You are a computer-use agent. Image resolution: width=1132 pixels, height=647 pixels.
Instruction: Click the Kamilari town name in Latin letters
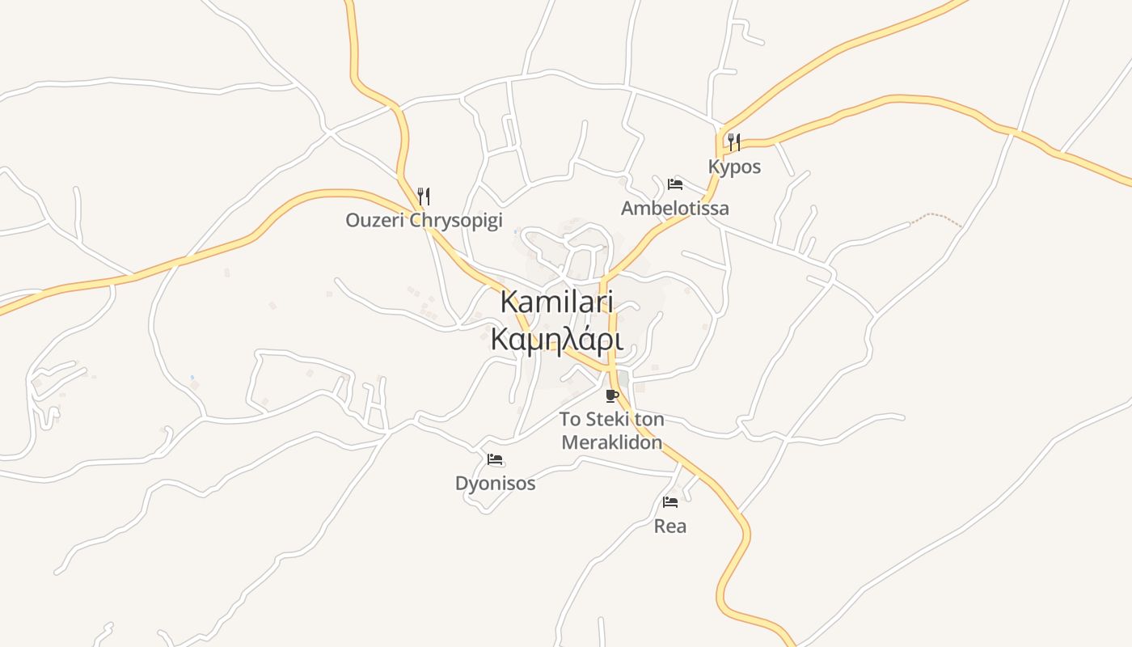[x=557, y=302]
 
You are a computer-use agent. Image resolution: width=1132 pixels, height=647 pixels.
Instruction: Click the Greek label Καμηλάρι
[x=557, y=340]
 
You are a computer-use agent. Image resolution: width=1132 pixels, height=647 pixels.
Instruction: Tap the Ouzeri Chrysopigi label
[x=424, y=220]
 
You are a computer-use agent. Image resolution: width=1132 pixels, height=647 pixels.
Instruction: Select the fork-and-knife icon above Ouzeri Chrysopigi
[x=423, y=196]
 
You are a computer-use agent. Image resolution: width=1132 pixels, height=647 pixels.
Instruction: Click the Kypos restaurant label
[x=734, y=167]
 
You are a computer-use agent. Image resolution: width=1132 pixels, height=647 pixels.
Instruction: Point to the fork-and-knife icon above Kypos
[x=733, y=142]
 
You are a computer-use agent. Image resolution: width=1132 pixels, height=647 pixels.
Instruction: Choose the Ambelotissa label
[x=674, y=208]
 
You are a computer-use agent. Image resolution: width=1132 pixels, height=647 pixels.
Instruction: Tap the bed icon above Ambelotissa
[x=675, y=184]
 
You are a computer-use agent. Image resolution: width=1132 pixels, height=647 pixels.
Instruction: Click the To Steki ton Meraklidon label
[x=612, y=431]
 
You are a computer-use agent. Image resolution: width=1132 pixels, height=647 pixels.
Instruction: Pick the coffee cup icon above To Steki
[x=612, y=395]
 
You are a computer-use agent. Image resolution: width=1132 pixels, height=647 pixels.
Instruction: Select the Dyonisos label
[x=495, y=484]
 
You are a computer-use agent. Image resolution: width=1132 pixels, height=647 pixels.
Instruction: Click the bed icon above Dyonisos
[x=495, y=459]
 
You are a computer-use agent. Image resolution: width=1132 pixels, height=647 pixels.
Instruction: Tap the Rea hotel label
[x=669, y=526]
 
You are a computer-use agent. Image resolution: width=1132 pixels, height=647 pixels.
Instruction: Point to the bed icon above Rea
[x=670, y=502]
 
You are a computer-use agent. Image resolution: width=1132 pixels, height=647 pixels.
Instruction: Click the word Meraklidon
[x=612, y=443]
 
